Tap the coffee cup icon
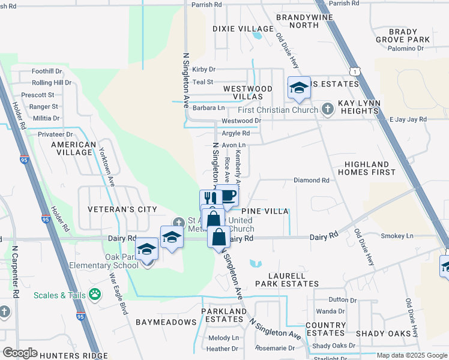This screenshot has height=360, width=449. pyautogui.click(x=228, y=196)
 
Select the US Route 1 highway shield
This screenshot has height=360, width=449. pyautogui.click(x=357, y=71)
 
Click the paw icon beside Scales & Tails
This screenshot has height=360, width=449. pyautogui.click(x=94, y=294)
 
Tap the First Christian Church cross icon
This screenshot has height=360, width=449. pyautogui.click(x=327, y=109)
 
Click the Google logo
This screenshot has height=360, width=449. pyautogui.click(x=20, y=353)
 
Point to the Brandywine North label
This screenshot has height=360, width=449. pyautogui.click(x=297, y=22)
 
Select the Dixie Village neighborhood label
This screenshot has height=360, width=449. pyautogui.click(x=243, y=29)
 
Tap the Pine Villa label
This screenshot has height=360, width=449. pyautogui.click(x=265, y=212)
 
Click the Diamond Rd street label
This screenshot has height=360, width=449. pyautogui.click(x=311, y=180)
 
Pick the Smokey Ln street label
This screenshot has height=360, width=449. pyautogui.click(x=401, y=236)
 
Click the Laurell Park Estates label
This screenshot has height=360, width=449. pyautogui.click(x=280, y=279)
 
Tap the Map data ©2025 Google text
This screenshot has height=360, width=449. pyautogui.click(x=411, y=355)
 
